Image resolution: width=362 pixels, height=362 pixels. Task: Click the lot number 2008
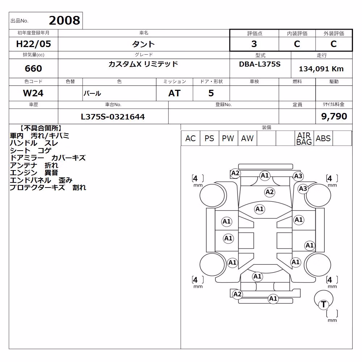64,21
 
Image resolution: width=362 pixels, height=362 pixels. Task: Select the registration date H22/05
33,44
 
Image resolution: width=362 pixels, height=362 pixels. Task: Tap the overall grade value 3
254,44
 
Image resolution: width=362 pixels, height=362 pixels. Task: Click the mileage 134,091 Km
321,69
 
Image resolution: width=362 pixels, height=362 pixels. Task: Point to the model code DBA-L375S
260,64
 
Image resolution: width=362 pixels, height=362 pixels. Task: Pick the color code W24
33,93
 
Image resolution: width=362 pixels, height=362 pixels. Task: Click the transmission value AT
174,93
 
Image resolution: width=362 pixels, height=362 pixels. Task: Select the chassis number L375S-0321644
113,117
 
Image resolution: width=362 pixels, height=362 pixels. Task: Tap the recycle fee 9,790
334,116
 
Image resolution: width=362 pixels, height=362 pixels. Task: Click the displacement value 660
33,68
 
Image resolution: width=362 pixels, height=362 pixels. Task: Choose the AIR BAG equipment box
304,138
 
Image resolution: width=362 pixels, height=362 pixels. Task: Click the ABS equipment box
323,138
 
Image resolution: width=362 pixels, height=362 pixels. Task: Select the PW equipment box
228,138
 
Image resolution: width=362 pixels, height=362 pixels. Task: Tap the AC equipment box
190,138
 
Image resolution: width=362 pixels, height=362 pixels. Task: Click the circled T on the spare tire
323,304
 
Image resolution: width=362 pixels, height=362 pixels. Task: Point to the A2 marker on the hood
269,192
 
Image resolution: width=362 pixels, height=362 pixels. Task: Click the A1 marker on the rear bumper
273,299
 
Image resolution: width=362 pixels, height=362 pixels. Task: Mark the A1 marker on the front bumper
265,176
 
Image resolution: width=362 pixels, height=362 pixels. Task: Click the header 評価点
254,34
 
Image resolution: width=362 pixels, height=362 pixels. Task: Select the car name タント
143,44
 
